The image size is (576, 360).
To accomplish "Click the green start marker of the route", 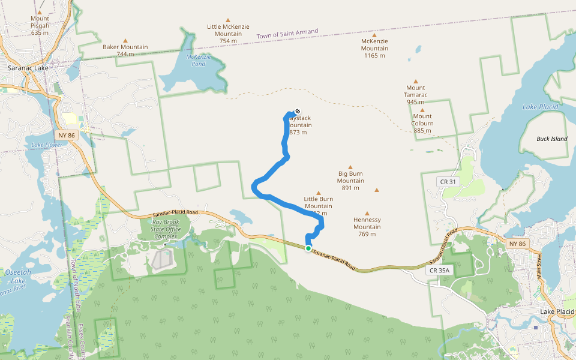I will click(308, 248).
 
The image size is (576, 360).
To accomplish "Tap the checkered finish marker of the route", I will click(297, 111).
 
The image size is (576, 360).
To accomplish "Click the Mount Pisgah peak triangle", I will click(40, 11).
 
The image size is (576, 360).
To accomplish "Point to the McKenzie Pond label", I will click(196, 60).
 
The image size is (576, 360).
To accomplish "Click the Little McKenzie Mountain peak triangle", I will click(227, 20).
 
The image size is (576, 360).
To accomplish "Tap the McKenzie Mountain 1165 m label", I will click(374, 48).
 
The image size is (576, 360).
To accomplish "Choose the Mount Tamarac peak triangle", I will click(415, 80).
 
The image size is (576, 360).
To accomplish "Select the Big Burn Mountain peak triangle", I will click(350, 167).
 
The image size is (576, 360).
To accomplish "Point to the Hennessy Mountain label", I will click(367, 227).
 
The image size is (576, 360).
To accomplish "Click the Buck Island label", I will click(551, 139).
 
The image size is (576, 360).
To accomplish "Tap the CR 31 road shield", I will click(448, 182).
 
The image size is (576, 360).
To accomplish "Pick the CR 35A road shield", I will click(440, 271).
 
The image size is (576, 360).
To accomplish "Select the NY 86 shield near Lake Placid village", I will click(516, 244).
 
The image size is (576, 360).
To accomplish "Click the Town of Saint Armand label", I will click(287, 34).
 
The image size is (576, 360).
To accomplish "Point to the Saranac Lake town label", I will click(28, 68).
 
